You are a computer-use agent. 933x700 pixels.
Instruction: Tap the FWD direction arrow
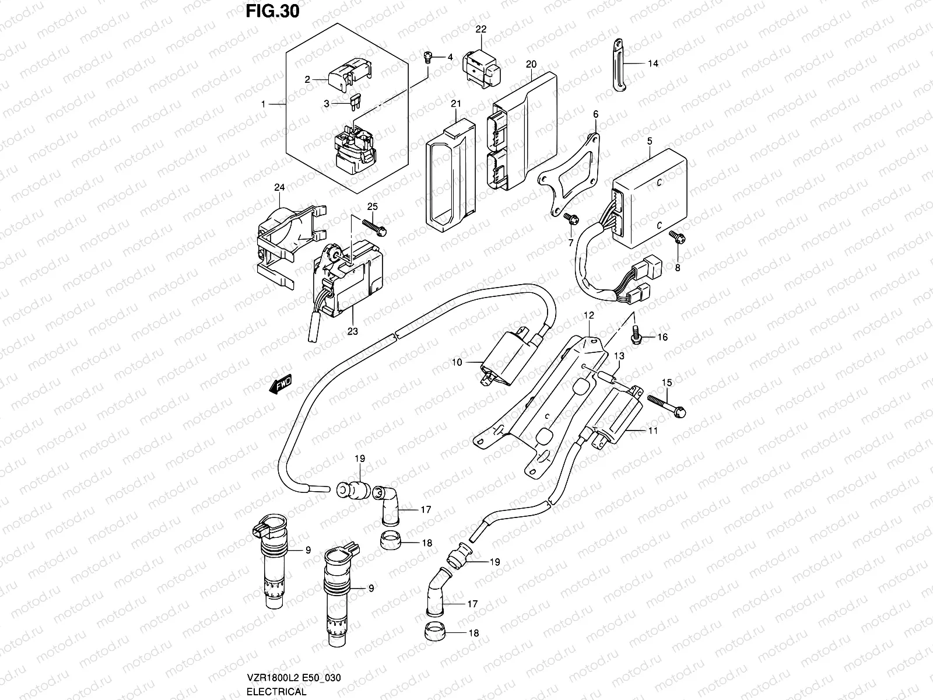click(x=281, y=385)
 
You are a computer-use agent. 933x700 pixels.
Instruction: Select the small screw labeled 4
click(x=427, y=57)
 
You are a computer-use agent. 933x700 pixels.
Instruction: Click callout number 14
click(x=653, y=64)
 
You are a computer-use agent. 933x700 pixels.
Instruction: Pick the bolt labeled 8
click(x=676, y=236)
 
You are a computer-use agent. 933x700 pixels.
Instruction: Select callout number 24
click(x=279, y=187)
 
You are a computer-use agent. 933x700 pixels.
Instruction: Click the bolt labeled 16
click(x=637, y=335)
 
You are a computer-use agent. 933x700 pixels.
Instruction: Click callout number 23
click(x=352, y=331)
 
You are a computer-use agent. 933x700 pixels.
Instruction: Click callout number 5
click(x=650, y=125)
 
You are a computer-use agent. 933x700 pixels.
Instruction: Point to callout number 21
click(x=472, y=104)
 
